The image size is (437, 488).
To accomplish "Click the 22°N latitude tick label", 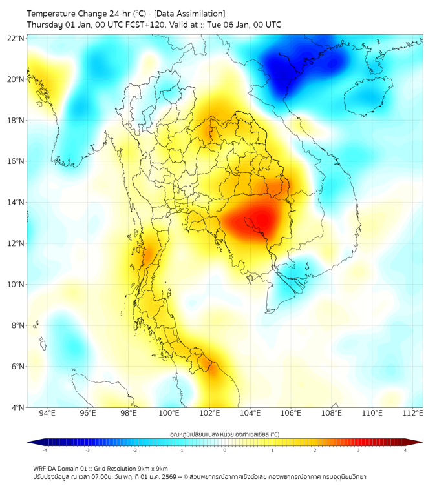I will tap(16, 38).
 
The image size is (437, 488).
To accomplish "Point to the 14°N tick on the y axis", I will tap(16, 202).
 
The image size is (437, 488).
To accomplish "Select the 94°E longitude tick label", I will tap(47, 413).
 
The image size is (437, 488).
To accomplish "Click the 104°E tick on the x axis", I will tap(250, 413).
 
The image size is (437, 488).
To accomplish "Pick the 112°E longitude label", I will tap(412, 413).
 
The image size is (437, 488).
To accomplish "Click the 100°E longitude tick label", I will tap(169, 413).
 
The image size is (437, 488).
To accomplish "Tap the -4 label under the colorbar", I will tap(45, 450).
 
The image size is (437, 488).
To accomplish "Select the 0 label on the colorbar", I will tap(225, 450).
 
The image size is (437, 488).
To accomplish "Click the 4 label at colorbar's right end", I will tap(405, 450).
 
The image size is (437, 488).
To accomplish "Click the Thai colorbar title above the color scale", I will tap(224, 434).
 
